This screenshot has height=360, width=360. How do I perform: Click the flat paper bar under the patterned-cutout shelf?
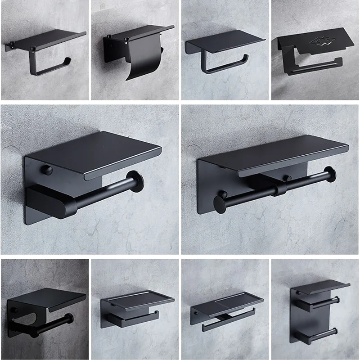(315, 67)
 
